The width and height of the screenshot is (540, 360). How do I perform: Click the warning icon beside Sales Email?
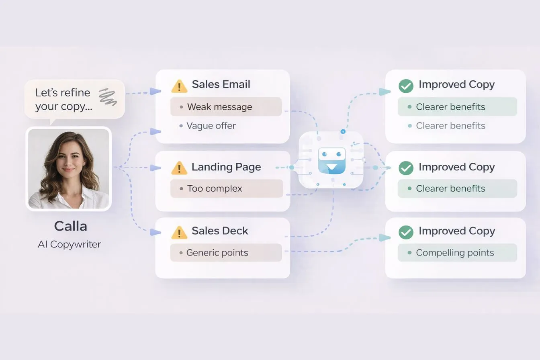coord(179,86)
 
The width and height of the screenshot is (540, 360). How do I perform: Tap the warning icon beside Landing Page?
coord(179,168)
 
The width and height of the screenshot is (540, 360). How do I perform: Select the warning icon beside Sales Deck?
coord(179,232)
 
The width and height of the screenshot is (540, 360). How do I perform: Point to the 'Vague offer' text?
coord(211,126)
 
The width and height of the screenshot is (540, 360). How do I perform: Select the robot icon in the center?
coord(331,160)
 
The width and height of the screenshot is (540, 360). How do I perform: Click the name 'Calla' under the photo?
coord(70,226)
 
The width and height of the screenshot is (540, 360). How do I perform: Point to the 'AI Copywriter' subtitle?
coord(69,244)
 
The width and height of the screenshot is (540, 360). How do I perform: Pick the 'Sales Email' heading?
coord(221,84)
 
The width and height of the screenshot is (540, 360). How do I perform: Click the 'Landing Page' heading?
coord(226,167)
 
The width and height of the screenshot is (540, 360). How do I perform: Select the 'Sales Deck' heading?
coord(220,231)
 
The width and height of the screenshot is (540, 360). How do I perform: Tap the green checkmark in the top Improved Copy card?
coord(406,86)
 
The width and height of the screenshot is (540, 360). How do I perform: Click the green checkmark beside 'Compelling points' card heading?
coord(406,232)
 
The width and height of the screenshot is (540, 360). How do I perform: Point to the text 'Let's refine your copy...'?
coord(63,99)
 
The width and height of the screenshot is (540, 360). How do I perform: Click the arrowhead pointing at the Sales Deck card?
coord(155,232)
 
